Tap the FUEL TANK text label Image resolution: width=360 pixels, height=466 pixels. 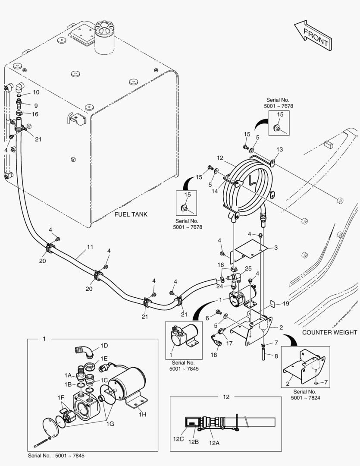coord(132,214)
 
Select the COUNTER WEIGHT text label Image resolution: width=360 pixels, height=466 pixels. coord(329,332)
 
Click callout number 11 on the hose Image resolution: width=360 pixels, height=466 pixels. coord(90,247)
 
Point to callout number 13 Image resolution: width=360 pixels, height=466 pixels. coord(279,149)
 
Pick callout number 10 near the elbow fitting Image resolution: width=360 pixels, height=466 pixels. coord(36,92)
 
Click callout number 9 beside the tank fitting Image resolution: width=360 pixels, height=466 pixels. coord(36,105)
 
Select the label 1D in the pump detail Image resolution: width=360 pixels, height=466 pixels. coord(104,346)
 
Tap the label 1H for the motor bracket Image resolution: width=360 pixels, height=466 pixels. coord(142,414)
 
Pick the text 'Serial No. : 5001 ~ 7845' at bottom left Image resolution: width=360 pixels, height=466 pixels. coord(59,456)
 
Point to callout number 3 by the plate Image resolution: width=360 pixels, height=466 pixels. coord(276,247)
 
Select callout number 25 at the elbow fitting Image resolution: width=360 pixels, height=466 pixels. coord(248,269)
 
